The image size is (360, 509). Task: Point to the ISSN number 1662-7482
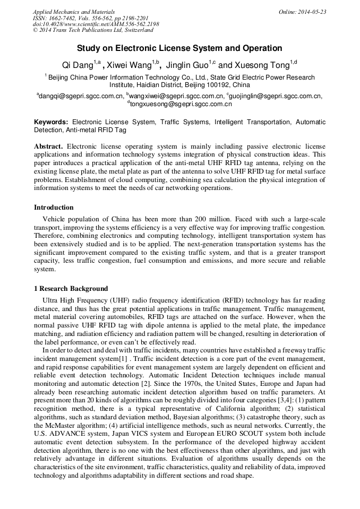point(63,18)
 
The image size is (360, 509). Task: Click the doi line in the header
point(96,24)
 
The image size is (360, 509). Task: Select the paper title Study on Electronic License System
point(179,48)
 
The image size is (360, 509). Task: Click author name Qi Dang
point(78,66)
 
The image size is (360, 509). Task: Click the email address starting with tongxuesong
point(181,104)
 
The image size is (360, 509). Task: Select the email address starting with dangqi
point(80,96)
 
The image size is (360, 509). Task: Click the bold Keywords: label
point(51,122)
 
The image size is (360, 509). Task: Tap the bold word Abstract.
point(48,146)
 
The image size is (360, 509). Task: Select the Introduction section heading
point(54,207)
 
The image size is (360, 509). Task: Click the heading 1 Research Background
point(71,289)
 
